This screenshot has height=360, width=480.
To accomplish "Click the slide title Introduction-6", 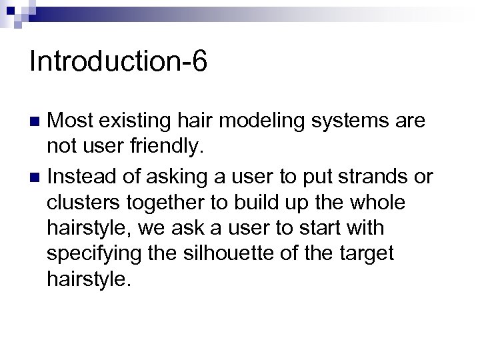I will coord(119,62).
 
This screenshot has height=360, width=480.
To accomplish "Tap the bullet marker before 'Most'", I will coord(36,122).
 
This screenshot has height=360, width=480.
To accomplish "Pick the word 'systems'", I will coord(351,121).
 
